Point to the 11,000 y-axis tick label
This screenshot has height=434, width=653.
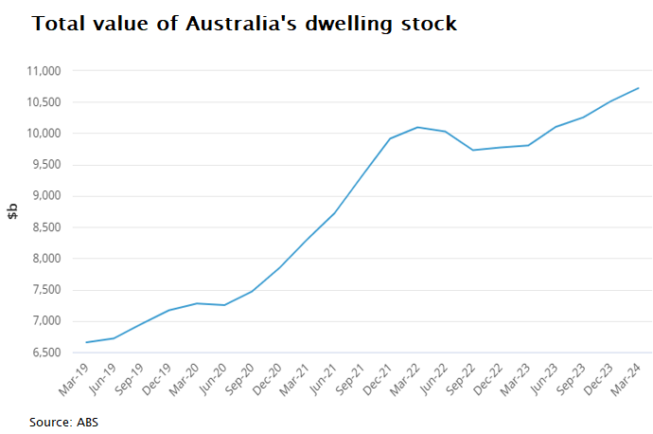41,71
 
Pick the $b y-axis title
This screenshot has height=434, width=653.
13,210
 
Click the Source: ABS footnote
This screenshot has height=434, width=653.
63,422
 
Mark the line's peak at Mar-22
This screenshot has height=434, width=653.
417,127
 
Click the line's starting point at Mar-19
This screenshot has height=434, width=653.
86,342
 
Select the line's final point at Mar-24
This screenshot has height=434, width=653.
639,88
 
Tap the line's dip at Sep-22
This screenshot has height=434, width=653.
473,150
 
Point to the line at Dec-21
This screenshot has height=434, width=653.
390,138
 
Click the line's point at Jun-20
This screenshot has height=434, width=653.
224,305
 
